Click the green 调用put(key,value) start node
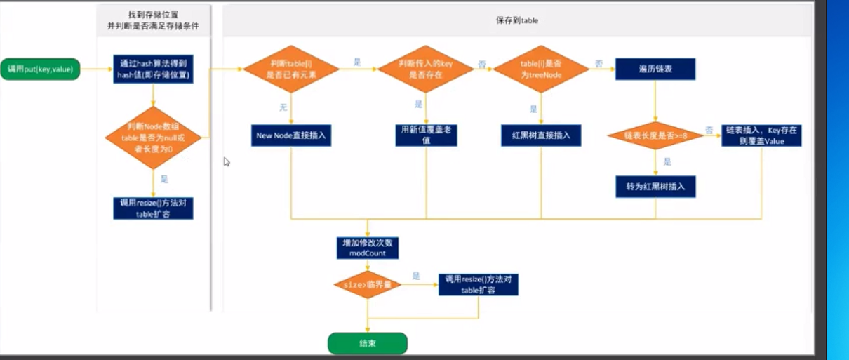pos(40,69)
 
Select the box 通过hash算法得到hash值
pos(153,69)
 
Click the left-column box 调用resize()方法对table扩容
pos(153,208)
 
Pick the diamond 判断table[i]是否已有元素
pos(290,68)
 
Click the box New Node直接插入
pos(290,135)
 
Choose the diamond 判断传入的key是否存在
pos(427,68)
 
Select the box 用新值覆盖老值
pos(427,135)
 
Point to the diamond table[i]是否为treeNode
pos(541,68)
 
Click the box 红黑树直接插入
pos(541,135)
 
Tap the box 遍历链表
pos(655,69)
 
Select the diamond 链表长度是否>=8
pos(655,134)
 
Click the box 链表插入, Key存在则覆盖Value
pos(761,135)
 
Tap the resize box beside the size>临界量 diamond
pos(479,284)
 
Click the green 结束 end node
pos(367,343)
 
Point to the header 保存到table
pos(517,21)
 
